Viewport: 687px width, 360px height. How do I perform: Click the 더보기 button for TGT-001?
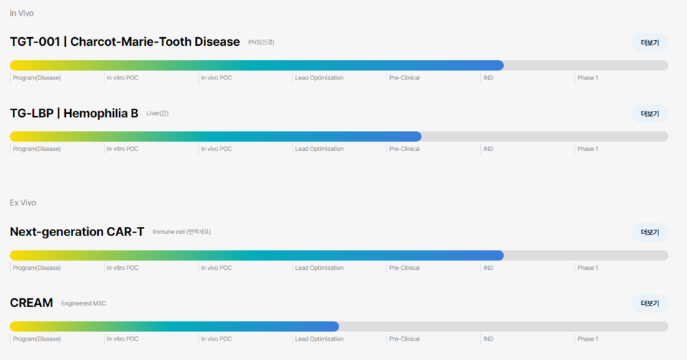(x=649, y=42)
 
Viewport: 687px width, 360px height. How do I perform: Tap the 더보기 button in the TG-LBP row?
(x=649, y=114)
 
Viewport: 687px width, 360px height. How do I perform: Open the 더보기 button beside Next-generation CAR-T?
(x=649, y=233)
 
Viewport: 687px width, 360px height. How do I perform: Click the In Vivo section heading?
(x=21, y=13)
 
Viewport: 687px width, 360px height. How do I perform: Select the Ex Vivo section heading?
(x=23, y=203)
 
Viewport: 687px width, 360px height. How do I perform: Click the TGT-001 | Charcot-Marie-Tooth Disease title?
(x=125, y=42)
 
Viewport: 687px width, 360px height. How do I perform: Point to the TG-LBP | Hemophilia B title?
(x=74, y=113)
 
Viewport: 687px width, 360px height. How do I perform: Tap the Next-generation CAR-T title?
(x=77, y=232)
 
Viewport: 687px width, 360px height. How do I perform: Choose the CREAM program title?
(x=31, y=303)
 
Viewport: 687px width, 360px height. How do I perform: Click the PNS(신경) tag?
(x=261, y=42)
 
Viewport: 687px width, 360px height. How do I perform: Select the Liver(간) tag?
(x=157, y=113)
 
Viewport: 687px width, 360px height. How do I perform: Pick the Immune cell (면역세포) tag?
(x=182, y=232)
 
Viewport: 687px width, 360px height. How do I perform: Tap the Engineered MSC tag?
(x=84, y=303)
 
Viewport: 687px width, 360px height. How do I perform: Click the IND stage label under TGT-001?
(x=488, y=77)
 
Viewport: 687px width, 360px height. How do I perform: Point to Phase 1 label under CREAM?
(x=588, y=339)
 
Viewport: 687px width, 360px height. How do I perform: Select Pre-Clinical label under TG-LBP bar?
(x=404, y=149)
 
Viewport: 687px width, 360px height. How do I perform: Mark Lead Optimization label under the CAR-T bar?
(x=319, y=268)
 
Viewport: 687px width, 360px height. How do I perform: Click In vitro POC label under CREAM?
(x=122, y=339)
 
